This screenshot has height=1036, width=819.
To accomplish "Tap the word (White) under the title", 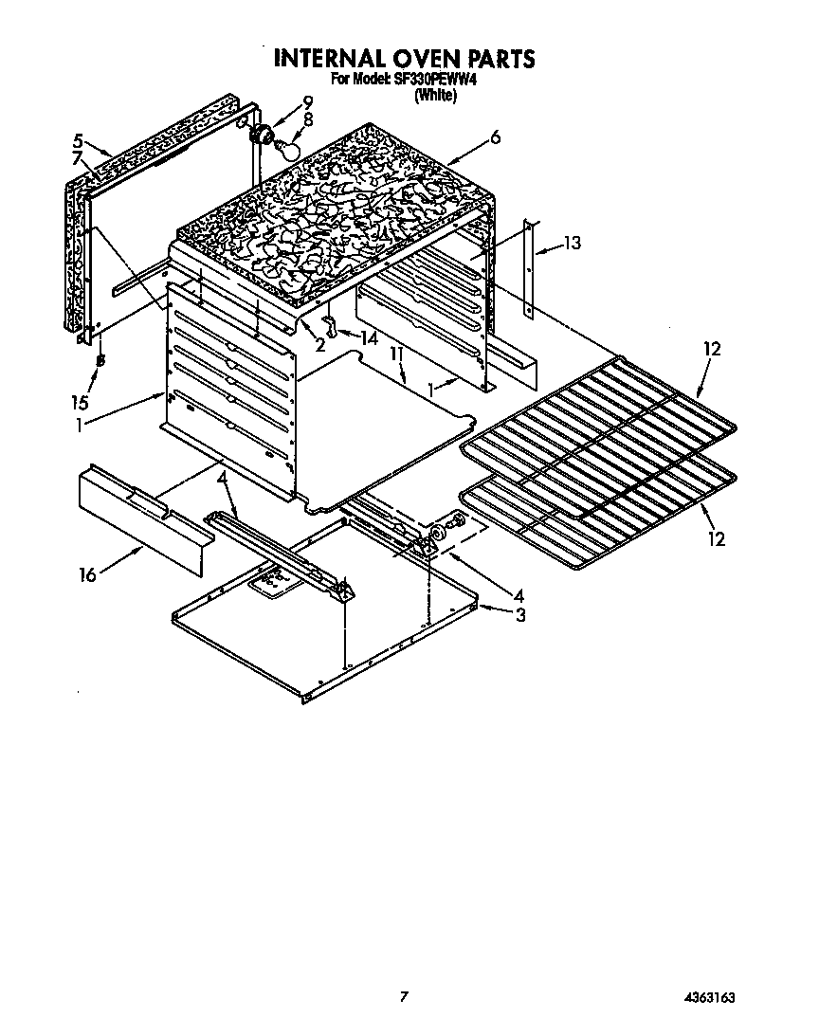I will [x=435, y=95].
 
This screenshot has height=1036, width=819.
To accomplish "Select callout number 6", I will [x=495, y=137].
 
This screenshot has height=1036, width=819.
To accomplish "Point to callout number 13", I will [x=571, y=243].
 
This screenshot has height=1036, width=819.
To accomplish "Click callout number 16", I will [x=88, y=574].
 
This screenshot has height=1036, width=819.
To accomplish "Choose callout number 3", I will [x=520, y=614].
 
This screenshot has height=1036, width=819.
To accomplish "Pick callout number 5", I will [x=79, y=137].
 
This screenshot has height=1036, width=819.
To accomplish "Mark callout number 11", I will [x=398, y=354].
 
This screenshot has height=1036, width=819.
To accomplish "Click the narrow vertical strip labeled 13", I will [x=531, y=270].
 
